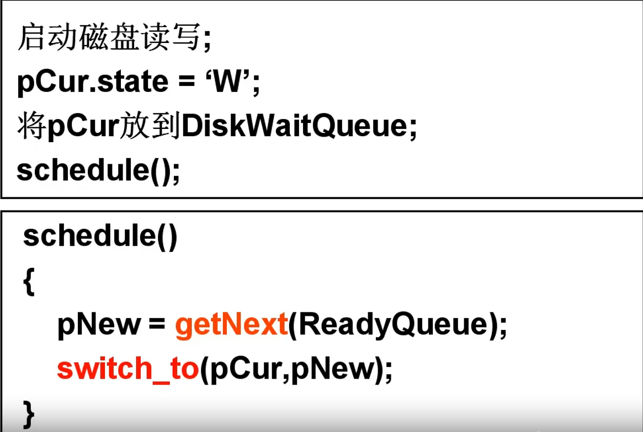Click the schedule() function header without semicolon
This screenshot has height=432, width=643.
tap(100, 237)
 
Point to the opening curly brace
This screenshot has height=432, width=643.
tap(29, 282)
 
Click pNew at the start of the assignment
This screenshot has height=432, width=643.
tap(99, 325)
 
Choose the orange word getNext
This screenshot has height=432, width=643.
tap(231, 325)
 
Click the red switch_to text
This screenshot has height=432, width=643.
tap(127, 369)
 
